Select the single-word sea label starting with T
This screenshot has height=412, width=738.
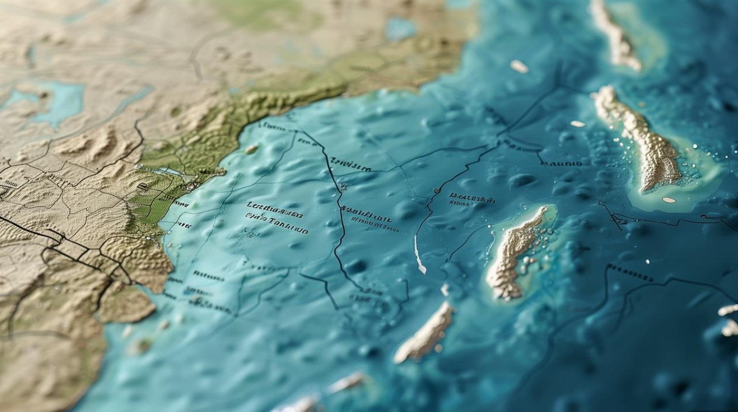[351, 166]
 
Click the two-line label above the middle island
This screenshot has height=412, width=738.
[471, 199]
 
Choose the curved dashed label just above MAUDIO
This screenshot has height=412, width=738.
[521, 146]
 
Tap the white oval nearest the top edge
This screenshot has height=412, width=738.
[519, 66]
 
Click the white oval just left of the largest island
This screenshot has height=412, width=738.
[578, 124]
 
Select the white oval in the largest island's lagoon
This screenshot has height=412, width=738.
[669, 200]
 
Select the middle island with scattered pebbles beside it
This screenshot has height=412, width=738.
[516, 253]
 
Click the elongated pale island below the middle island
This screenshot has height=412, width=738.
[424, 332]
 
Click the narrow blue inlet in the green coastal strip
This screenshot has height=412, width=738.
[167, 172]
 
